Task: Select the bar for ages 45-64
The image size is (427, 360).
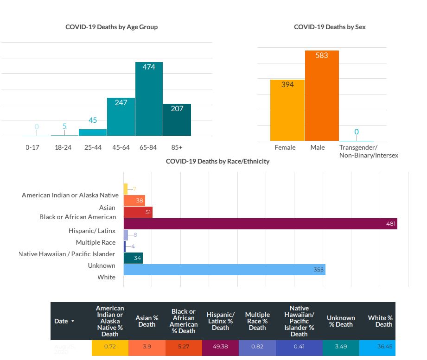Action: coord(121,117)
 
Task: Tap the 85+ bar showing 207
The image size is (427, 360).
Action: coord(177,120)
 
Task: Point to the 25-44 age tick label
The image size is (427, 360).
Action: coord(93,147)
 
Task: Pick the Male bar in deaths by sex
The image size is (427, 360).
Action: coord(322,95)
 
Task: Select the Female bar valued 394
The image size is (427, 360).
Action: coord(287,110)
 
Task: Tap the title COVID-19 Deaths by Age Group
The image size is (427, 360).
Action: coord(111,27)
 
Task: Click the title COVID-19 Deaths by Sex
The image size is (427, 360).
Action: coord(330,27)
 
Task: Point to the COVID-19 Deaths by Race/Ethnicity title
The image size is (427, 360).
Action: coord(217,161)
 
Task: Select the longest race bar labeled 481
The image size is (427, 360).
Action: coord(260,223)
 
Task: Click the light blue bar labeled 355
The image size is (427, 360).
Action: coord(224,270)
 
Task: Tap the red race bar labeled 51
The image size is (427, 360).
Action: coord(138,212)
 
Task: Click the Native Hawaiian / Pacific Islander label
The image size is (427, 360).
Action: coord(67,254)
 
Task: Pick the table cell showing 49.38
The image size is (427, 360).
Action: coord(220,347)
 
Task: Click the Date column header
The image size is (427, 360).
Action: coord(64,321)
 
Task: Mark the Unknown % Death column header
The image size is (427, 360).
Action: coord(341,321)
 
